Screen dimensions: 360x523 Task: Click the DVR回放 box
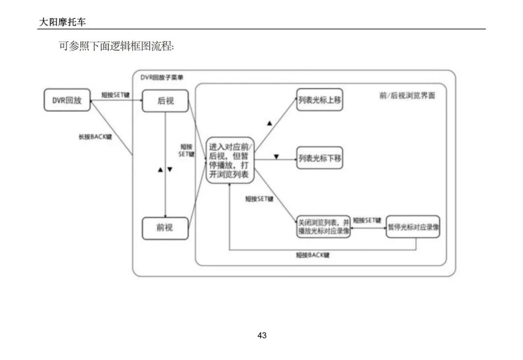67,100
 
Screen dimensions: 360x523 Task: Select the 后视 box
165,101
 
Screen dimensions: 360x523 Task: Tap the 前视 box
165,228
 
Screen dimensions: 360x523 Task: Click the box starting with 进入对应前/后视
231,160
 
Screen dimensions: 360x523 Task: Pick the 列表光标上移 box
320,99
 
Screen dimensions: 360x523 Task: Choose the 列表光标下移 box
320,158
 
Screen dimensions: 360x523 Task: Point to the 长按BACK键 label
95,137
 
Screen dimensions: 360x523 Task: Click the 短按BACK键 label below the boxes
313,255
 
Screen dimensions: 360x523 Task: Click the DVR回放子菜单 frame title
162,77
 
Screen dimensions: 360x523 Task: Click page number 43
262,335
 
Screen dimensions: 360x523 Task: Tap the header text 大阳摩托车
63,22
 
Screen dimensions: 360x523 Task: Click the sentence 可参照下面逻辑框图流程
116,47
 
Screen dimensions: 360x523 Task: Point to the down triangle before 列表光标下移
277,157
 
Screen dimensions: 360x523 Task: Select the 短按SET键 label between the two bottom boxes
367,220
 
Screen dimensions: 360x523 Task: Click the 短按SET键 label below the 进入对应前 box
259,199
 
